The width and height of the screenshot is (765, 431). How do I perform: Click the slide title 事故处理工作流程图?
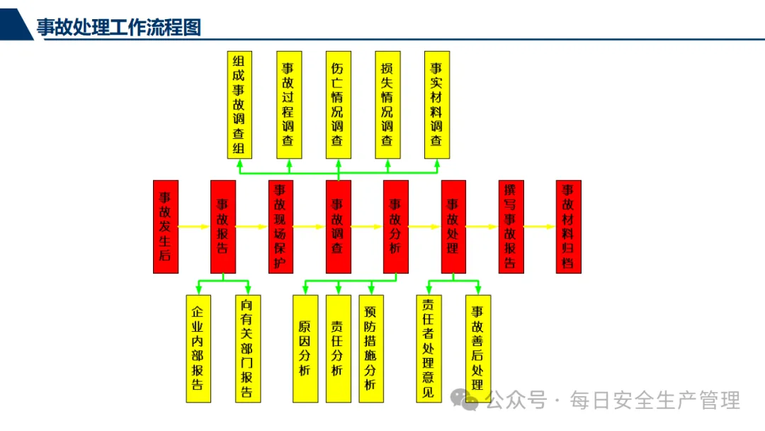pyautogui.click(x=119, y=27)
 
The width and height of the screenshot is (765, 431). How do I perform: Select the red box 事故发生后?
pyautogui.click(x=165, y=227)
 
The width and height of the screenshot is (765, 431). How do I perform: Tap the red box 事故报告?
pyautogui.click(x=222, y=227)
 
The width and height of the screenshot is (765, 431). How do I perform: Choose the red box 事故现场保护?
pyautogui.click(x=280, y=227)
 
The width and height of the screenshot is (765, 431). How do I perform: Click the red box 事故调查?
pyautogui.click(x=338, y=227)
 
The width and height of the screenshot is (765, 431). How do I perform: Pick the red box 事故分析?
pyautogui.click(x=396, y=227)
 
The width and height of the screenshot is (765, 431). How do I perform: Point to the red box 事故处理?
pyautogui.click(x=453, y=227)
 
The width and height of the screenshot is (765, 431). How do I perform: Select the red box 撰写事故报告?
pyautogui.click(x=511, y=227)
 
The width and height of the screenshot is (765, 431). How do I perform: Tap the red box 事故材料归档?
pyautogui.click(x=568, y=227)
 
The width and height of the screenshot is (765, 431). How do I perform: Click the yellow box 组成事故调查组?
pyautogui.click(x=239, y=105)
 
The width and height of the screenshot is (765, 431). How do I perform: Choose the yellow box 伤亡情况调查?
pyautogui.click(x=338, y=105)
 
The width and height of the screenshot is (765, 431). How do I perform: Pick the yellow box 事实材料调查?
pyautogui.click(x=436, y=105)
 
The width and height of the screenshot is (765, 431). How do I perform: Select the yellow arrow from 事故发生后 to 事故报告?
pyautogui.click(x=193, y=227)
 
